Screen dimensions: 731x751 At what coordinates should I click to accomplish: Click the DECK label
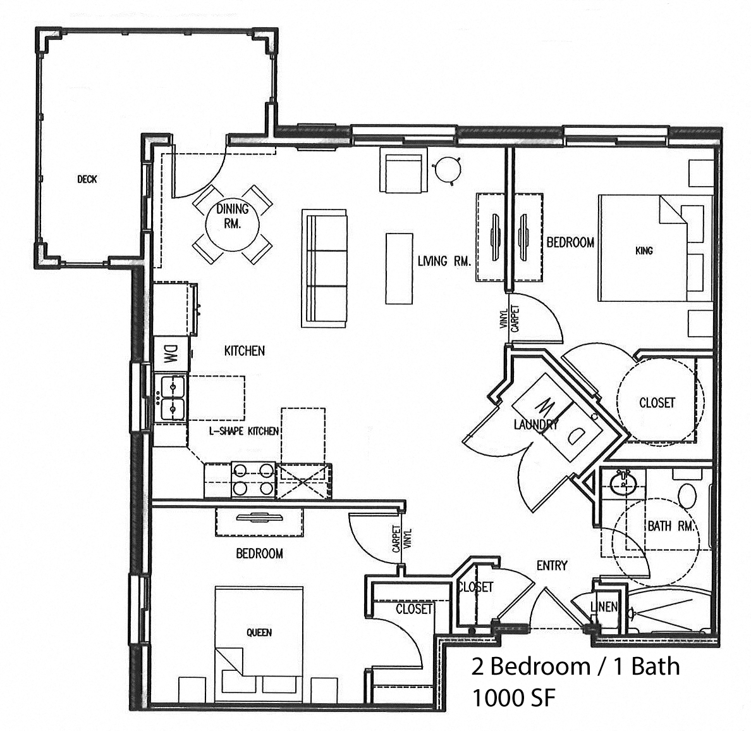(87, 179)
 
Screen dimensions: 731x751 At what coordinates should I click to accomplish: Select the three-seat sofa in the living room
(324, 268)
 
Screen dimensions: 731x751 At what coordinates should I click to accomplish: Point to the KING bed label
(644, 251)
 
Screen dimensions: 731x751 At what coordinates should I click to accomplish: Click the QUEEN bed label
(259, 632)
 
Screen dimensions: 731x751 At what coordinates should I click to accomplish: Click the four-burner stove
(253, 479)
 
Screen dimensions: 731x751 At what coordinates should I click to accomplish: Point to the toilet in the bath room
(687, 492)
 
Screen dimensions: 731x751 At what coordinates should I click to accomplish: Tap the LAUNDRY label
(535, 425)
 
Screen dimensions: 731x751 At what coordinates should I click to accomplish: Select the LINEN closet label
(603, 606)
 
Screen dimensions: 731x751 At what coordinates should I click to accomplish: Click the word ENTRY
(552, 565)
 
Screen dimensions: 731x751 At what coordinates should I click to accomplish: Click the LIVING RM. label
(444, 261)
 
